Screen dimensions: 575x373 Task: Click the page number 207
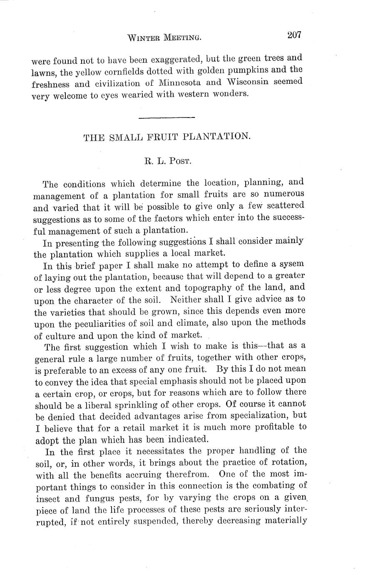click(293, 35)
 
